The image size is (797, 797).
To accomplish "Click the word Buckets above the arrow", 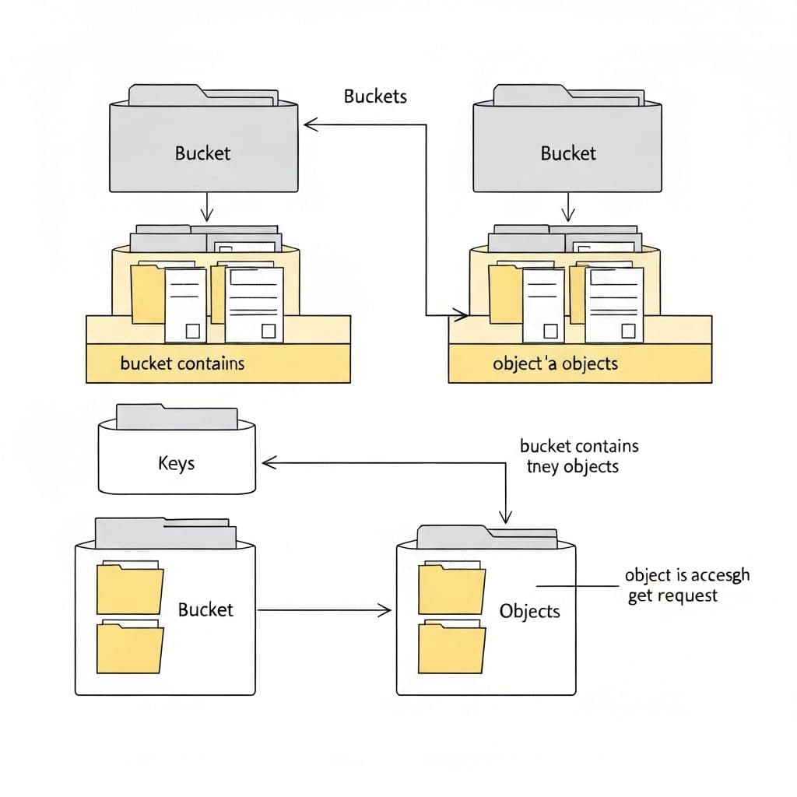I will coord(375,97).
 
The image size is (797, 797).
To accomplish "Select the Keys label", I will coord(176,464).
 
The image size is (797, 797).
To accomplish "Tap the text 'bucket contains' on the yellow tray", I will coord(182,363).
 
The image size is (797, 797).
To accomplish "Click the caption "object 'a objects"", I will coord(555,363).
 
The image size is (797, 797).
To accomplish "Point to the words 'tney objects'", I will coord(572,467).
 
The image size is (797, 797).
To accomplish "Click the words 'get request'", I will coord(672,595).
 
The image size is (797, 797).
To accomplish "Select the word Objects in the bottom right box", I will coord(529,611).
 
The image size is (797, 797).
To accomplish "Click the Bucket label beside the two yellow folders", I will coord(205,609).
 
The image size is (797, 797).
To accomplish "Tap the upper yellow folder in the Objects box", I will coord(447,589).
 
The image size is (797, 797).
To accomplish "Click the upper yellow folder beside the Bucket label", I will coord(129,589).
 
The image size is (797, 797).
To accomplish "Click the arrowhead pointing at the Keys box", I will coord(269,463).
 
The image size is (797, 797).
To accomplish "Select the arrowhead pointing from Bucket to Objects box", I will coord(384,610).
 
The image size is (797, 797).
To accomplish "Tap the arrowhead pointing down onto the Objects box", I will coord(506,517).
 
